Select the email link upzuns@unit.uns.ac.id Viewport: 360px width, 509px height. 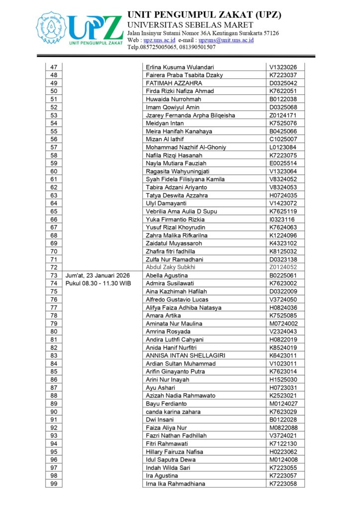[x=226, y=40]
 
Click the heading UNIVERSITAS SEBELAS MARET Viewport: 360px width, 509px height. [x=190, y=25]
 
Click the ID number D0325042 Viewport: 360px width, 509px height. [x=283, y=83]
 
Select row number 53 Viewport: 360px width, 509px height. [x=54, y=115]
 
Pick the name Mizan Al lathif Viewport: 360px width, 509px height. [x=165, y=139]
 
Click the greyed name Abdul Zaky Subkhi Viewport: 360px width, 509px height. [x=171, y=267]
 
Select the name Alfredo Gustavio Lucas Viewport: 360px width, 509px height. [x=177, y=299]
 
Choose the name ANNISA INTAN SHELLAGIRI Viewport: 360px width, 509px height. [x=185, y=355]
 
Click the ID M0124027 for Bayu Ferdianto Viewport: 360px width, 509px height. [x=283, y=404]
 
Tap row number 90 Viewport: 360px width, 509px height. [x=54, y=412]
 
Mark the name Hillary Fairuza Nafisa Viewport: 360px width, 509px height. [x=178, y=452]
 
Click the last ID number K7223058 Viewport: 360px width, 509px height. [x=283, y=484]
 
